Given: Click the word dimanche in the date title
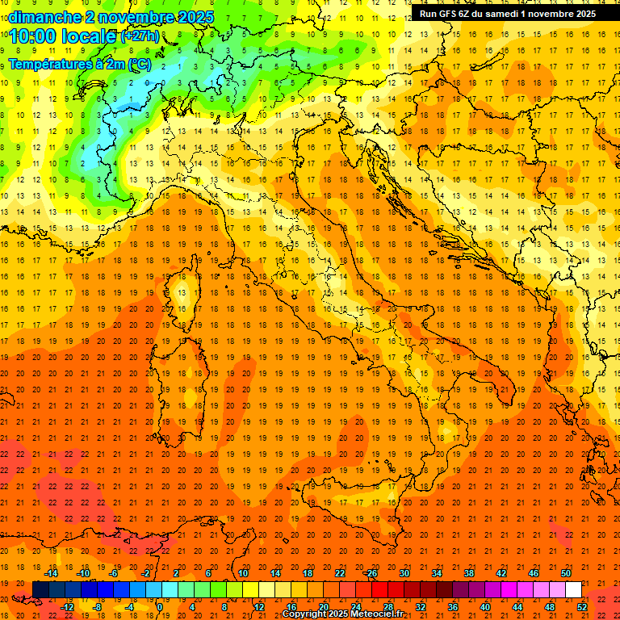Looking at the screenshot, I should coord(44,16).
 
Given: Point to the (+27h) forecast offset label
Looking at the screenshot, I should coord(140,36).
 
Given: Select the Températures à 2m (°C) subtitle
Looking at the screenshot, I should coord(79,64).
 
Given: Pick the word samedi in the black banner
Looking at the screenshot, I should coord(505,14).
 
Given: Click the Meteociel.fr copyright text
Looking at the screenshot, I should coord(342,614).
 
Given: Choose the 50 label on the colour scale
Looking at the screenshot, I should coord(565,573).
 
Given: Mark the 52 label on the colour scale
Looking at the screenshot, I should coord(581,607).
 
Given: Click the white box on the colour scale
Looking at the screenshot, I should coord(573,589).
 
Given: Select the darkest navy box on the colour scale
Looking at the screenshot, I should coord(40,589).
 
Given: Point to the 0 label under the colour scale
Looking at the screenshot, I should coord(160,607).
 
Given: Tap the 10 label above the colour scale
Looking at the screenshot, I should coord(242,573).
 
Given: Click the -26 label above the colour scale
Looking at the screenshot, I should coord(371,573).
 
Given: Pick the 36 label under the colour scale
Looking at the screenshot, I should coord(453,607).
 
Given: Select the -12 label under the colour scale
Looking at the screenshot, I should coord(68,607).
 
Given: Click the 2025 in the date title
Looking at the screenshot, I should coord(197,16).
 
